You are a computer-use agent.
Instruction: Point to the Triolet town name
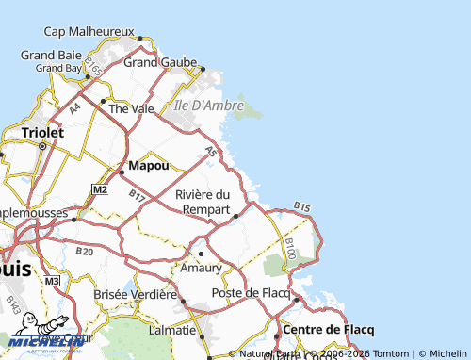tap(41, 133)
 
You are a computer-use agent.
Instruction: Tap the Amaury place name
tap(202, 268)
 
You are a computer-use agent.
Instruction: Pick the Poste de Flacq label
tap(251, 293)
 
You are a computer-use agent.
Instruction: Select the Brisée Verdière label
tap(136, 294)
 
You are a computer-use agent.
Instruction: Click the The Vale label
tap(131, 108)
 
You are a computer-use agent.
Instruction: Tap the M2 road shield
tap(100, 189)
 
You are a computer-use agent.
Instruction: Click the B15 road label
tap(301, 205)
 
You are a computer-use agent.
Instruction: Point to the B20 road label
tap(85, 252)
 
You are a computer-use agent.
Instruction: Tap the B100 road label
tap(290, 250)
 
